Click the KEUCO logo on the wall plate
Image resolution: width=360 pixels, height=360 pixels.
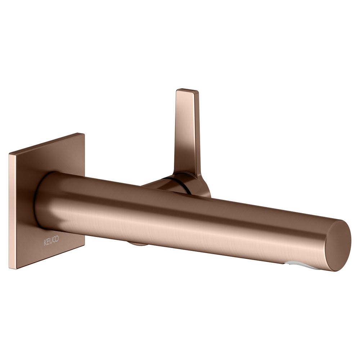point(51,240)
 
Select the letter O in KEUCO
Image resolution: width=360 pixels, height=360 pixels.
point(57,239)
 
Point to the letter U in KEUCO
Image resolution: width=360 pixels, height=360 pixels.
point(51,241)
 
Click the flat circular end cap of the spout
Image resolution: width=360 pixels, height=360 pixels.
point(339,245)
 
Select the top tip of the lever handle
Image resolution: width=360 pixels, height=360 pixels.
point(187,90)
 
